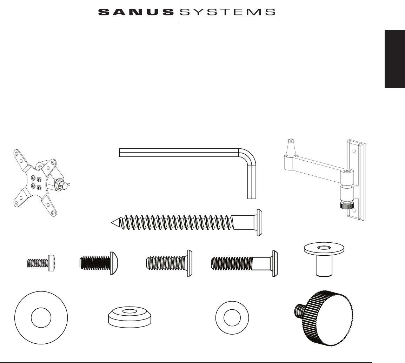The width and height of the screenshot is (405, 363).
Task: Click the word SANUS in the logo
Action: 136,13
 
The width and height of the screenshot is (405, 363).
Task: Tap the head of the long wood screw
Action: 260,223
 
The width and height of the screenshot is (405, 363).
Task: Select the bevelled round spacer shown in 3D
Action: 130,315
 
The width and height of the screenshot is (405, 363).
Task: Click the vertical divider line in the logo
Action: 177,12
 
